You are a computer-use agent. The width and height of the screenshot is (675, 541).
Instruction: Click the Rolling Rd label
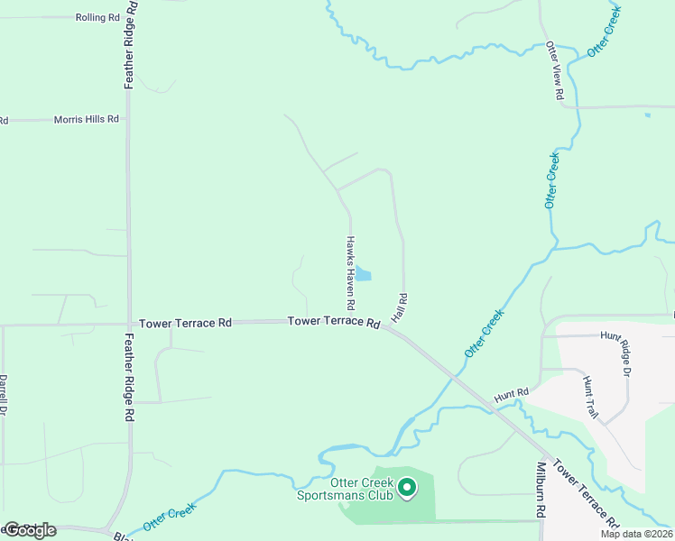coord(98,17)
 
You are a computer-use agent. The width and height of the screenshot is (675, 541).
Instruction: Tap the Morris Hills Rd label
coord(86,119)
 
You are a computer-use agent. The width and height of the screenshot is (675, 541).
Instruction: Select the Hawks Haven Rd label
coord(350,271)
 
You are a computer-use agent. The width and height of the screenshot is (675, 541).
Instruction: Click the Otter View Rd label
coord(557,70)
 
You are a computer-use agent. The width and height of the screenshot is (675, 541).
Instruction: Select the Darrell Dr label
coord(4,395)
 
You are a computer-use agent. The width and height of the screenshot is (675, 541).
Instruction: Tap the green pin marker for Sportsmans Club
coord(407,488)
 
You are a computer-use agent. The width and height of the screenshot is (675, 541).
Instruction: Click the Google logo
coord(29,530)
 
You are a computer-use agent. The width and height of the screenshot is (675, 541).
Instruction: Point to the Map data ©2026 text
coord(636,534)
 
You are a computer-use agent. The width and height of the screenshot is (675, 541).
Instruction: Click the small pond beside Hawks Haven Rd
coord(363,273)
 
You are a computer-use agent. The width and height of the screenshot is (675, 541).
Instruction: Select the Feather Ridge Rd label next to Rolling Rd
coord(130,43)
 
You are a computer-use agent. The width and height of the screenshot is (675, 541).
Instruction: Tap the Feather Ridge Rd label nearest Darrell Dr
coord(130,378)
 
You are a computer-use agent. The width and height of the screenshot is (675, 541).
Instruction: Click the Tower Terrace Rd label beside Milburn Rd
coord(586,494)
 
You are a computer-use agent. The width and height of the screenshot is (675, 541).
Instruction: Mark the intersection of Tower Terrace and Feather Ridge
coord(129,323)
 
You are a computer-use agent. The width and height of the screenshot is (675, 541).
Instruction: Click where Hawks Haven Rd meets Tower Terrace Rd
coord(351,320)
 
